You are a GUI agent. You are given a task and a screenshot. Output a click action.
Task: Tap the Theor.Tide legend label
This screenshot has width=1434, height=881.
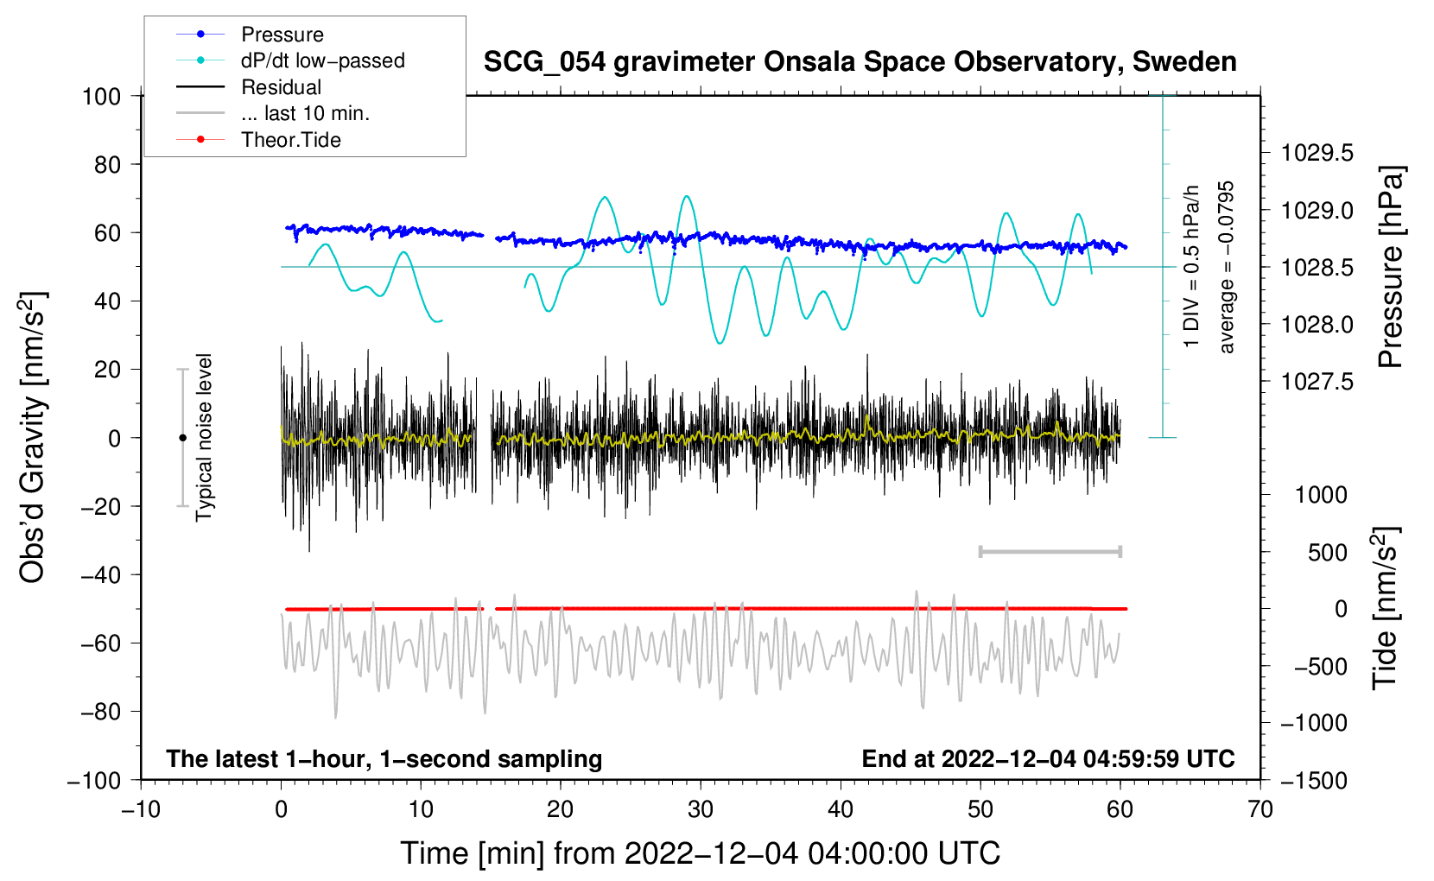point(290,140)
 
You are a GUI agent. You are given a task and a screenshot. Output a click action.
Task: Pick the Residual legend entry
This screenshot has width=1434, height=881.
point(281,87)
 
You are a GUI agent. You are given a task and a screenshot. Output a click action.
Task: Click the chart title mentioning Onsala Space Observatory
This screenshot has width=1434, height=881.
point(860,62)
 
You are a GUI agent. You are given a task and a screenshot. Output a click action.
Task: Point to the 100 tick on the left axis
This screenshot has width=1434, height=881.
point(101,97)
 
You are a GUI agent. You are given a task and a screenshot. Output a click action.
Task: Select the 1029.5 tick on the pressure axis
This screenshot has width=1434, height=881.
point(1317,153)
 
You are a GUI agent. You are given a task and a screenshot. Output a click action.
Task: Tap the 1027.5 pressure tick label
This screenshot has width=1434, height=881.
point(1317,382)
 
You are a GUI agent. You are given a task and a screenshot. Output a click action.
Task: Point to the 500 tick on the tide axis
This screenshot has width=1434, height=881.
point(1327,553)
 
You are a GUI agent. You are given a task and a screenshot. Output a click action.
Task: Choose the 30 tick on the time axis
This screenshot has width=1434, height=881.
point(701,810)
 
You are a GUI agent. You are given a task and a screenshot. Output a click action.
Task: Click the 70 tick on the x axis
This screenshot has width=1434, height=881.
point(1260,810)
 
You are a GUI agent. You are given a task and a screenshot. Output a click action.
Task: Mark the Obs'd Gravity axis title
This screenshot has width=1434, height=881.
point(32,437)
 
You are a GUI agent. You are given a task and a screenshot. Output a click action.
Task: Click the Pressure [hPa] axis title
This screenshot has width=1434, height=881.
point(1391,267)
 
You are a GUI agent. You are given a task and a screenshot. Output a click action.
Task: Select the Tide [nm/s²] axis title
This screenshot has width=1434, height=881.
point(1386,608)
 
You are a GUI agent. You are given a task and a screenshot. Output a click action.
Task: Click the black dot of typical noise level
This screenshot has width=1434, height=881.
point(182,438)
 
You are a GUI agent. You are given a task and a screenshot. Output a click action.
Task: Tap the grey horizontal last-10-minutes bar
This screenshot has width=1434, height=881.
point(1050,552)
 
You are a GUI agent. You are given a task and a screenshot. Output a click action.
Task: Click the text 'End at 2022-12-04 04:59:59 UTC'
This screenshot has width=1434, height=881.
point(1048,758)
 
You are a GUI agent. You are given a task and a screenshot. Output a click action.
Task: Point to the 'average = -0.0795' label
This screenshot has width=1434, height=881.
point(1226,267)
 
